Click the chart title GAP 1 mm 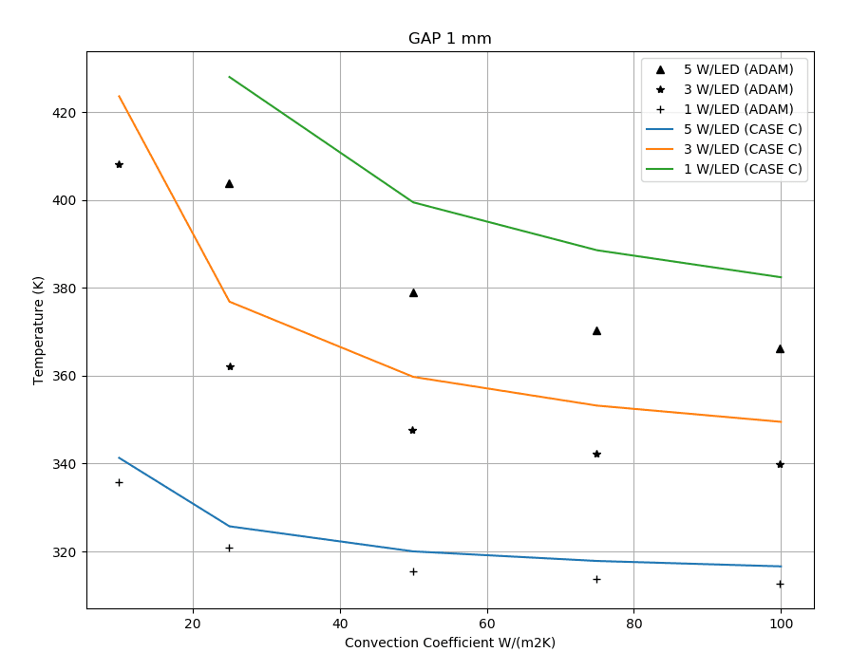(x=449, y=39)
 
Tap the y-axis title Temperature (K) (x=39, y=330)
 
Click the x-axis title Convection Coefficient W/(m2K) (x=449, y=643)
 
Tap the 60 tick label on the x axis (x=487, y=624)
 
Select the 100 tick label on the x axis (x=781, y=624)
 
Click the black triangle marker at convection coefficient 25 (x=229, y=183)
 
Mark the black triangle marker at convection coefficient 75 (x=596, y=330)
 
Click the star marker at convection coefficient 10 (x=119, y=164)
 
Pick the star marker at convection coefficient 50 (x=412, y=430)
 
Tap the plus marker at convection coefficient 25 (x=229, y=548)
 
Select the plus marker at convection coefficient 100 (x=780, y=584)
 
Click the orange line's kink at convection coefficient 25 (x=229, y=301)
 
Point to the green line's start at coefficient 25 (x=229, y=77)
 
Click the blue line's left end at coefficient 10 (x=119, y=457)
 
